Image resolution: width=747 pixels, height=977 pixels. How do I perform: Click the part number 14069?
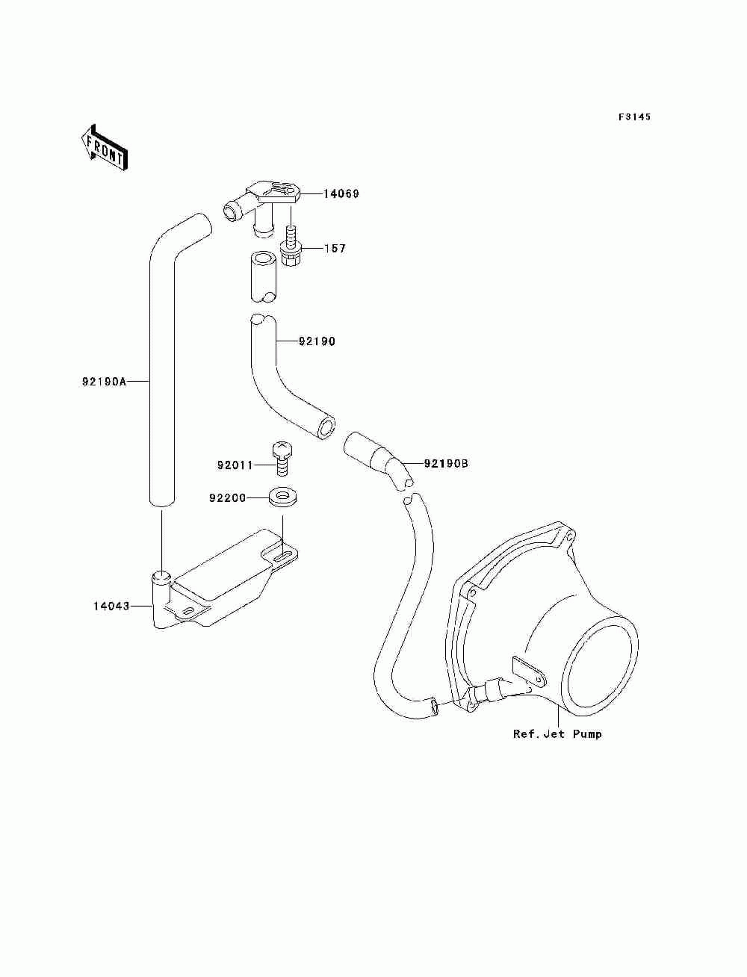(341, 194)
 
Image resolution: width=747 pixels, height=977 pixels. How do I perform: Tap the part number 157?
(335, 248)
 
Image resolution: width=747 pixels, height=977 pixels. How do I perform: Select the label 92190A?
(105, 382)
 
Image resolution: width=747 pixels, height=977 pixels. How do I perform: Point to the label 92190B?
(446, 464)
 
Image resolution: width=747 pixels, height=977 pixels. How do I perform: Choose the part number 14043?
(111, 606)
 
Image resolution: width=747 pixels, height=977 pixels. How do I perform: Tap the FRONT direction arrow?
(103, 148)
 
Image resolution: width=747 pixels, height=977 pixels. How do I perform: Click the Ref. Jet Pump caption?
(557, 734)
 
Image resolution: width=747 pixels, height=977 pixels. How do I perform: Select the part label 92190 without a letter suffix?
(317, 342)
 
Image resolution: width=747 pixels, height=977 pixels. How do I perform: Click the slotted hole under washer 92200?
(283, 556)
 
